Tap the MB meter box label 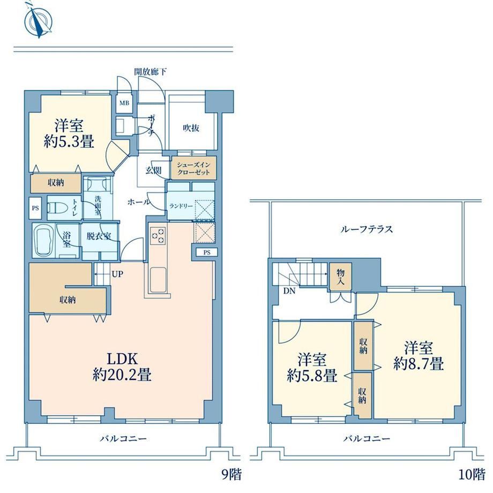[x=124, y=102]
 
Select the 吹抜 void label [x=191, y=128]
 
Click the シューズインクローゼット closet [x=193, y=168]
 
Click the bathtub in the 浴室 [x=44, y=241]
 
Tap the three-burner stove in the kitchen [x=158, y=235]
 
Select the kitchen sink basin [x=158, y=280]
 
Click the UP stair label [x=117, y=274]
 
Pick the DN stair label [x=289, y=291]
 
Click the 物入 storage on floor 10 [x=340, y=277]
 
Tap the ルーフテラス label [x=367, y=229]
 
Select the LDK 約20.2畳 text [x=122, y=367]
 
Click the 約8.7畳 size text [x=419, y=364]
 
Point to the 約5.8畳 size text [x=312, y=376]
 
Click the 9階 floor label [x=231, y=474]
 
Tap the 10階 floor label [x=471, y=474]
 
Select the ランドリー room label [x=181, y=206]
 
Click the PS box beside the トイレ [x=36, y=208]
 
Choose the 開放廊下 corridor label [x=150, y=72]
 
